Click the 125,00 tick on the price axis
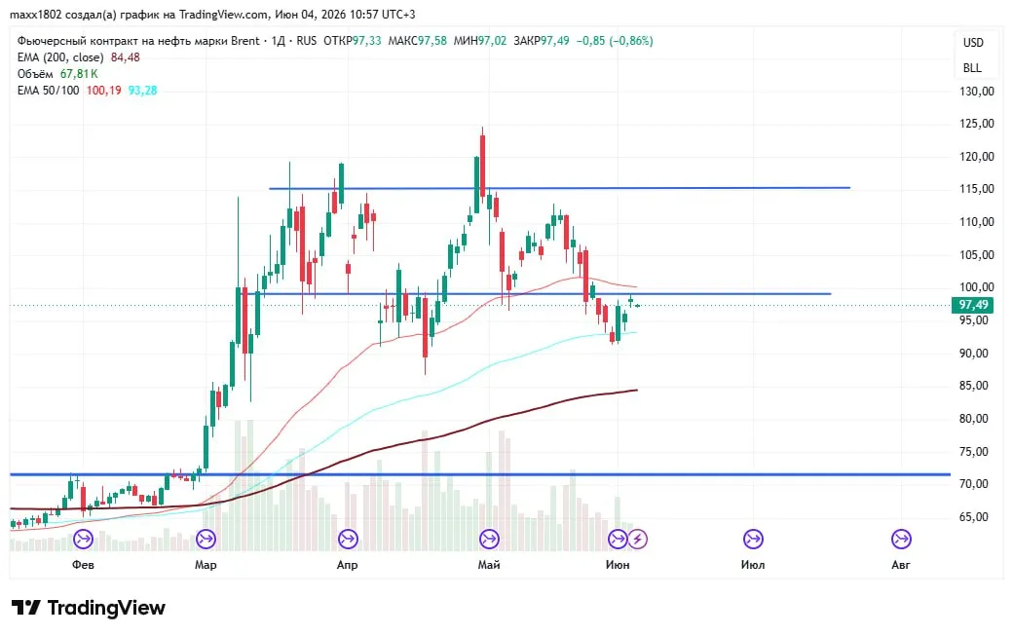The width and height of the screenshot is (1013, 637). coord(976,124)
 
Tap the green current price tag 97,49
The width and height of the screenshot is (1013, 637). coord(973,305)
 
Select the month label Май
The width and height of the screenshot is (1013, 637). coord(488,565)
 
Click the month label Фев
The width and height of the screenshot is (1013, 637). coord(83,565)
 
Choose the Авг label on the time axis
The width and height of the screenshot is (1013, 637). coord(901,565)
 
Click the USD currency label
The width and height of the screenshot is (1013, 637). coord(973,43)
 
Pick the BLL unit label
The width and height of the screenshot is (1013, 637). coord(972,68)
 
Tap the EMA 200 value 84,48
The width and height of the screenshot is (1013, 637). coord(126,57)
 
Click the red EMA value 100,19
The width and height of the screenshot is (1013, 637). coord(104,91)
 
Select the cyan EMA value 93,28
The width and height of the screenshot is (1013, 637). coord(143,91)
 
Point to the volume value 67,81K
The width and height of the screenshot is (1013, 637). coord(79,74)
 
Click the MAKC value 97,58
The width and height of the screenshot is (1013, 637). coord(432,41)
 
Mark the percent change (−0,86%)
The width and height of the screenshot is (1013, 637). coord(630,41)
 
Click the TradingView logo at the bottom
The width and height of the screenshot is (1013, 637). coord(89,608)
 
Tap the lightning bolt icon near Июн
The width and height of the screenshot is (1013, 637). coord(638,539)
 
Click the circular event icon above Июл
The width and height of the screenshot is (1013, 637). coord(753,539)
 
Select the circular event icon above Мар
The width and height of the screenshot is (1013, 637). coord(206,539)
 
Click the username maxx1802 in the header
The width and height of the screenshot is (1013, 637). coord(35,15)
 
